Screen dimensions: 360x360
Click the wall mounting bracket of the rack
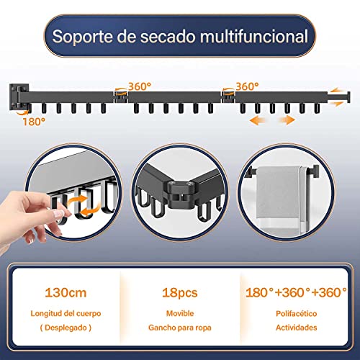click(20, 95)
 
